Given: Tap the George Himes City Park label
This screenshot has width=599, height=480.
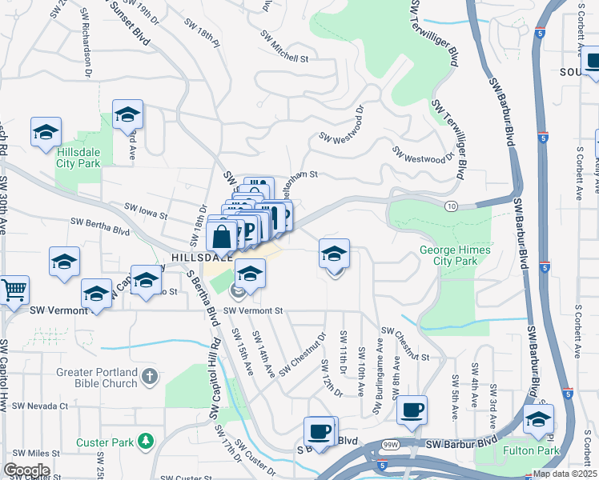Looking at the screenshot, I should (x=455, y=255).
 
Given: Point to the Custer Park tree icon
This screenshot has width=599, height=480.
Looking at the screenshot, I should (x=145, y=441).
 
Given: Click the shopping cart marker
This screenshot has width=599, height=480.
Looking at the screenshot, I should (x=14, y=290).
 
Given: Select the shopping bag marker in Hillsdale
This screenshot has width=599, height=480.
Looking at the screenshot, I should (x=221, y=237).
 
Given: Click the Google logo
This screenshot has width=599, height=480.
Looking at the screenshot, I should (x=26, y=470).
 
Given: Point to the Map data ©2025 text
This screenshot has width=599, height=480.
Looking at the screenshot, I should (x=565, y=474).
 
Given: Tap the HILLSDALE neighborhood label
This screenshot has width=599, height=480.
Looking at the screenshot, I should (x=201, y=258).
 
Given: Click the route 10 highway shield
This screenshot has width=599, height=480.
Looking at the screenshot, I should (x=452, y=206).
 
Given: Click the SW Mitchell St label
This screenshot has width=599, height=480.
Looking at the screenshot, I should (x=284, y=47).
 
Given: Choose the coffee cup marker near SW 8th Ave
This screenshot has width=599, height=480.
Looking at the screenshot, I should (x=412, y=410).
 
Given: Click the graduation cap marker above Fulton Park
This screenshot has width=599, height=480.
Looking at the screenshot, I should (x=538, y=419).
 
